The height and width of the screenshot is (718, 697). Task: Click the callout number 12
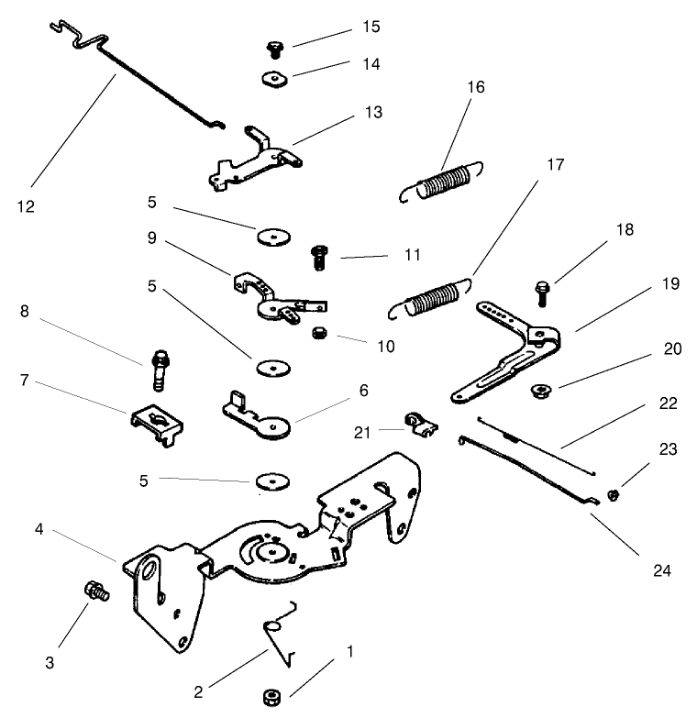(x=26, y=206)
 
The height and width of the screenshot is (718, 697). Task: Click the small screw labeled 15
(x=274, y=47)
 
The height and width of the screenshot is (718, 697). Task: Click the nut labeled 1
(x=271, y=694)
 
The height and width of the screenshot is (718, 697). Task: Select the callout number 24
(x=661, y=570)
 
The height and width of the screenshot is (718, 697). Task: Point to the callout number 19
(x=670, y=283)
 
